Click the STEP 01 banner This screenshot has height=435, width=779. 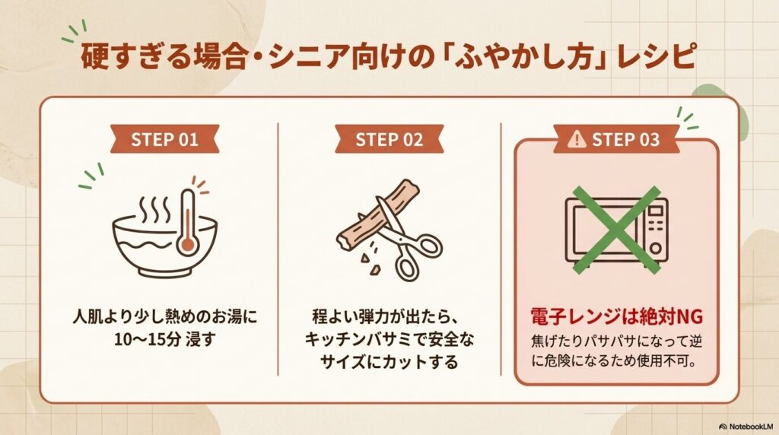click(x=164, y=140)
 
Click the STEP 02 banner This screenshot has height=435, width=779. click(x=389, y=140)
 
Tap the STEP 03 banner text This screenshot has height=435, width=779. click(x=625, y=140)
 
